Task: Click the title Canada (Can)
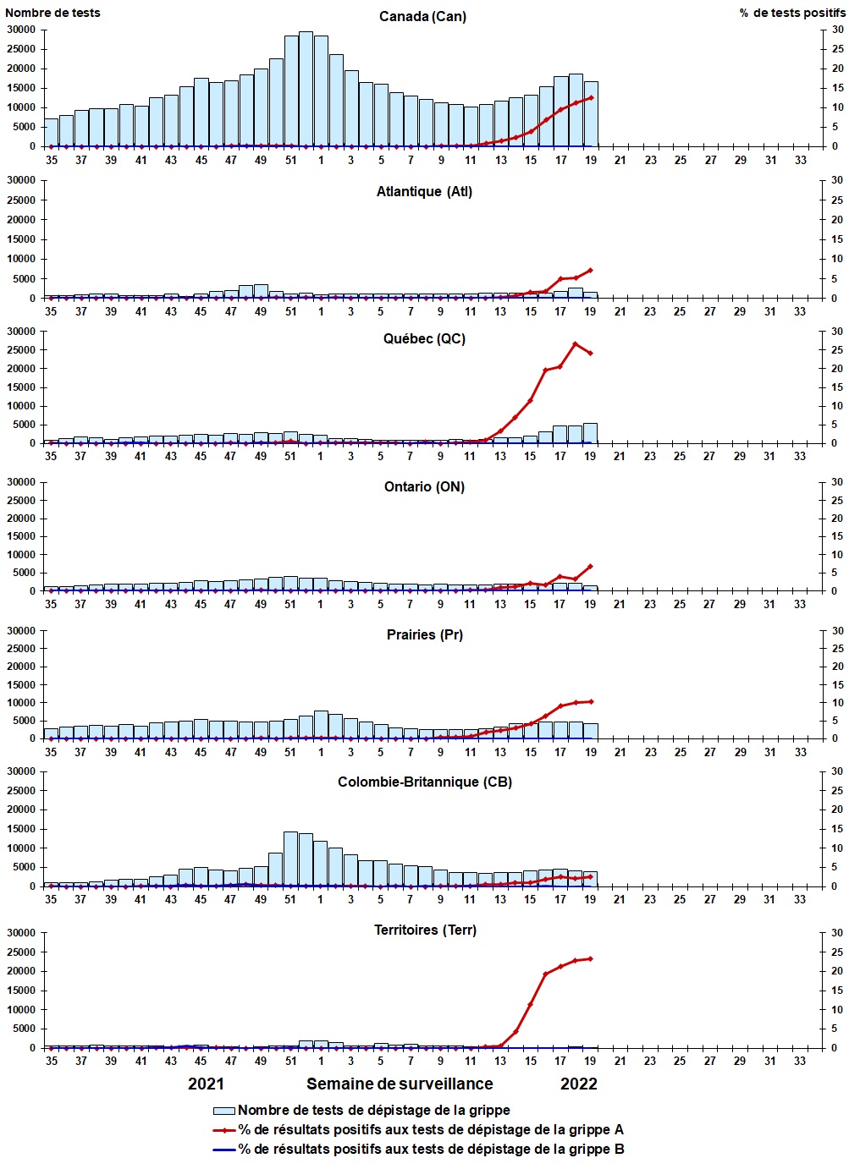point(422,17)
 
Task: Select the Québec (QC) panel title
point(424,338)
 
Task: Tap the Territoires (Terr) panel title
point(425,930)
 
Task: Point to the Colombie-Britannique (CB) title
point(425,782)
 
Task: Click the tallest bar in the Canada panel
point(306,89)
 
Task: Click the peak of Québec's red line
point(576,343)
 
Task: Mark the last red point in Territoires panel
point(591,958)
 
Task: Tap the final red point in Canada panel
point(591,97)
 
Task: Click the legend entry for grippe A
point(431,1129)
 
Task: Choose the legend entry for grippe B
point(431,1149)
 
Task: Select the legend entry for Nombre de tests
point(373,1110)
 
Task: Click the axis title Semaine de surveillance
point(400,1084)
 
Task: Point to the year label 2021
point(206,1084)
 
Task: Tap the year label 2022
point(579,1084)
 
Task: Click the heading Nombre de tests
point(52,13)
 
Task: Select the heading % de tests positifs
point(791,13)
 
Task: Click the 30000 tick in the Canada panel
point(21,30)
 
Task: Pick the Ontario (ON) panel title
point(424,486)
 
